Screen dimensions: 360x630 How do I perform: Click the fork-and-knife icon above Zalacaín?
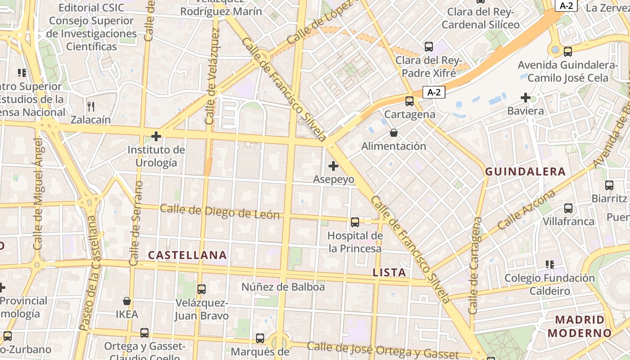(x=91, y=106)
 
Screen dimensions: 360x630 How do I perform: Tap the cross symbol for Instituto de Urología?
(x=156, y=136)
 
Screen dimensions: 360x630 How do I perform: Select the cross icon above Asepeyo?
(x=333, y=166)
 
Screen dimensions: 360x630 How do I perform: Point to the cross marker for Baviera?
(x=525, y=97)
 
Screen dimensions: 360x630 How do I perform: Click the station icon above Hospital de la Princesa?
(x=355, y=222)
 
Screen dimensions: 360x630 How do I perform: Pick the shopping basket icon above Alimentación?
(x=394, y=133)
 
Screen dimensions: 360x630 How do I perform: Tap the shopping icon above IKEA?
(x=127, y=301)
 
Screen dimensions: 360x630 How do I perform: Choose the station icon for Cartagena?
(x=409, y=101)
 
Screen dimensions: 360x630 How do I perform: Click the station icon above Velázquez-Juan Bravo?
(x=202, y=289)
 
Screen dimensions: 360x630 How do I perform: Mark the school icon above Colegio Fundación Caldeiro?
(x=549, y=264)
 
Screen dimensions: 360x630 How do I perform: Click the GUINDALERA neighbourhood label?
(x=525, y=171)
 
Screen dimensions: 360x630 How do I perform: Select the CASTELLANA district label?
(x=188, y=255)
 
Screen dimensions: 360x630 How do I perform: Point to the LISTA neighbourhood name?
(x=390, y=272)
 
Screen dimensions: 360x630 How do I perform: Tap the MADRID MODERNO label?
(x=580, y=327)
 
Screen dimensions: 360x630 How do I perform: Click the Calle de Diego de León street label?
(x=220, y=211)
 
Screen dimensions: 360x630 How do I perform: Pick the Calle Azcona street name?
(x=526, y=210)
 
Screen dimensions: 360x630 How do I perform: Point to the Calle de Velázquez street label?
(x=212, y=76)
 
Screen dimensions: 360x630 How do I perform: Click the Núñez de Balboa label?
(x=283, y=287)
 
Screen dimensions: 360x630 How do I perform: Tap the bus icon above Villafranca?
(x=568, y=208)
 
